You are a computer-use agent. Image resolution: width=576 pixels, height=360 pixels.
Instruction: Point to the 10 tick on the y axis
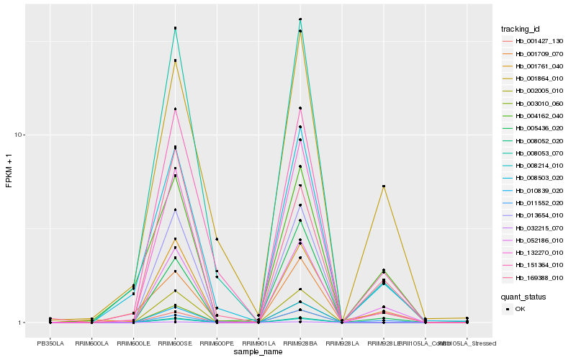point(20,135)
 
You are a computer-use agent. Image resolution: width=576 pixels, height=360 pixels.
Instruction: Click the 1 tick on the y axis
point(22,323)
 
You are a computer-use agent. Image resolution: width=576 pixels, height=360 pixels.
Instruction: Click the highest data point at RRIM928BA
point(300,19)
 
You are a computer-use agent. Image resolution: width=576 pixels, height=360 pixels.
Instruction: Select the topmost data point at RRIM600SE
point(175,28)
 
